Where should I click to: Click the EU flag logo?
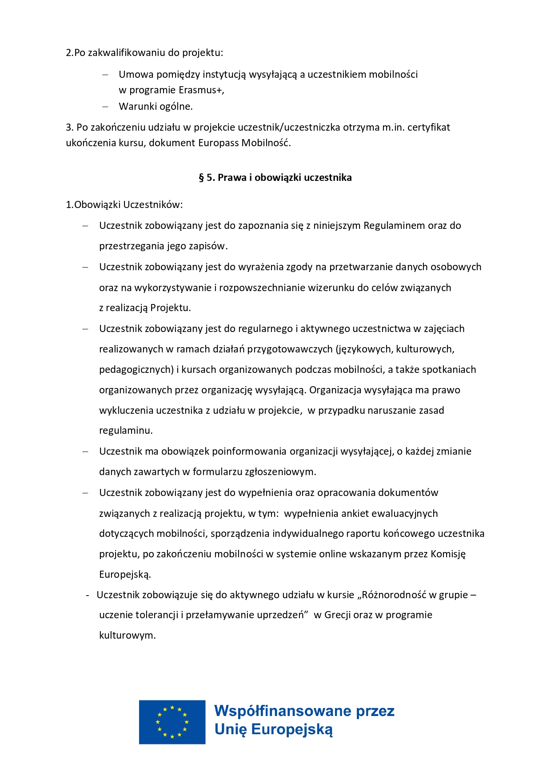click(x=172, y=722)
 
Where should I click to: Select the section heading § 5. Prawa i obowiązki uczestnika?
click(x=275, y=178)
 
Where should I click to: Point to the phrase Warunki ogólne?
click(x=156, y=107)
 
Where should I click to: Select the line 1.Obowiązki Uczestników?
click(x=124, y=205)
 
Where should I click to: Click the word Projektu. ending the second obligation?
click(x=170, y=308)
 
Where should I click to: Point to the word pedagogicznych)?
click(x=136, y=370)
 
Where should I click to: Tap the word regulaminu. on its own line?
click(x=126, y=431)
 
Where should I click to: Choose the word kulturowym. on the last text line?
click(x=127, y=636)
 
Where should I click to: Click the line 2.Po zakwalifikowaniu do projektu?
click(x=144, y=53)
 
